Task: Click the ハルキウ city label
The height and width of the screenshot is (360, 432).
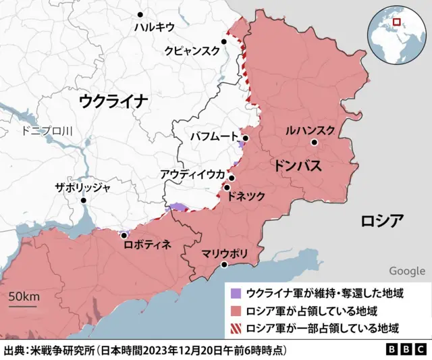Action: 154,27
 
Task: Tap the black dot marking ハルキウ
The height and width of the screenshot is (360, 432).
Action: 140,14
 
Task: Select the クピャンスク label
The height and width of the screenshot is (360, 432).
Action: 192,51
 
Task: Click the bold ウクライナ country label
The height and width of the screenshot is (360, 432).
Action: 113,101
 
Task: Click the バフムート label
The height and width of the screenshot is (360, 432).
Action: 215,136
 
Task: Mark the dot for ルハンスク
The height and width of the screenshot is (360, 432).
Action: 315,143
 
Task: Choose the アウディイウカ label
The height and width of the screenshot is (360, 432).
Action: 192,174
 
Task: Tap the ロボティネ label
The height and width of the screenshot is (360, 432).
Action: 147,244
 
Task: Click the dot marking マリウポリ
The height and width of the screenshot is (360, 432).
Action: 224,265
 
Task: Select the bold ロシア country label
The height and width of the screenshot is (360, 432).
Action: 382,221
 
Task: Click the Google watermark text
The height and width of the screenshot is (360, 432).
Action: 407,271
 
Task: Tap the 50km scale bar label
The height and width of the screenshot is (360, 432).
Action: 24,297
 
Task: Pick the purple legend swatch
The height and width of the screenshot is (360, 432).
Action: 236,294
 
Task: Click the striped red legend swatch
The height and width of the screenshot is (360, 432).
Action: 236,329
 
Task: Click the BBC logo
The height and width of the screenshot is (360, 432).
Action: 405,351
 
